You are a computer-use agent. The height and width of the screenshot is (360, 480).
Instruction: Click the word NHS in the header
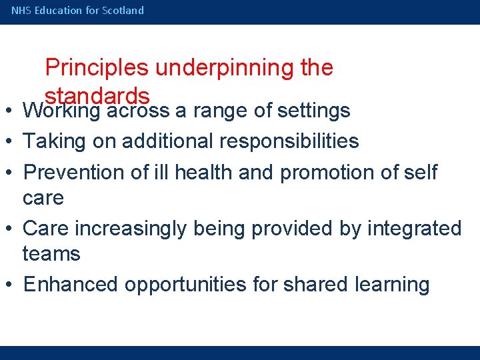(21, 11)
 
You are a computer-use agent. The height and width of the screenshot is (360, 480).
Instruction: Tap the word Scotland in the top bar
(123, 11)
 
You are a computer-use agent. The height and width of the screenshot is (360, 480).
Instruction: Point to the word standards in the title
(97, 94)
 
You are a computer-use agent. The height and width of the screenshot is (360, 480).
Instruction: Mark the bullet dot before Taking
(11, 141)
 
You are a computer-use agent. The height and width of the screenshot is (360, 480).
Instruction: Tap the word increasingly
(131, 229)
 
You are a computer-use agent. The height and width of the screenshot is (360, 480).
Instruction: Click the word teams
(51, 254)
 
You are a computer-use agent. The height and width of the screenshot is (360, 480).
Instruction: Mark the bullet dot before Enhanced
(11, 285)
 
